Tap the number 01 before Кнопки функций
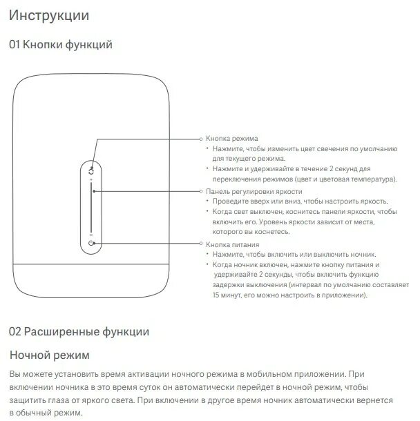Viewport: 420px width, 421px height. pyautogui.click(x=15, y=45)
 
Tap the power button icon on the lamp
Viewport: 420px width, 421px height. pyautogui.click(x=92, y=243)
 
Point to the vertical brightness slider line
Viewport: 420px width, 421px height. pyautogui.click(x=92, y=207)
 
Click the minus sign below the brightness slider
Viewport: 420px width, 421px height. pyautogui.click(x=92, y=233)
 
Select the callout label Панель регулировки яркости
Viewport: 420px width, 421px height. pyautogui.click(x=254, y=191)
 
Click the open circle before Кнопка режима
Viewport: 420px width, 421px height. pyautogui.click(x=201, y=139)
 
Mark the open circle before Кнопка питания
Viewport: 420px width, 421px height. pyautogui.click(x=201, y=244)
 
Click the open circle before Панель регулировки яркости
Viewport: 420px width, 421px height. pyautogui.click(x=201, y=191)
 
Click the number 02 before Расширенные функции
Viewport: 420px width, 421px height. pyautogui.click(x=15, y=331)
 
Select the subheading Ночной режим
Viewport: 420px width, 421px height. pyautogui.click(x=49, y=355)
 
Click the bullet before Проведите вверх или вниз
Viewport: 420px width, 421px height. pyautogui.click(x=208, y=201)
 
